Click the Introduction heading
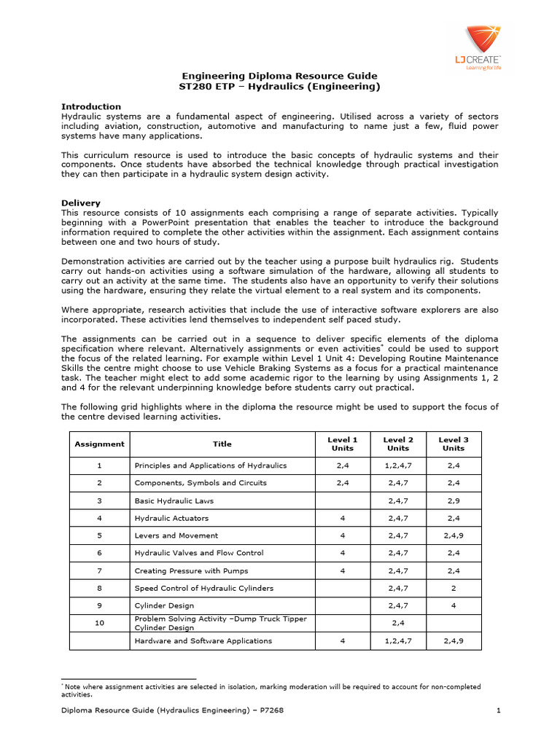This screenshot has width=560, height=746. (91, 106)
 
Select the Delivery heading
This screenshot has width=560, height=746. (81, 203)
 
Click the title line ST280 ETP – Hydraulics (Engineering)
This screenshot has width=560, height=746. (279, 87)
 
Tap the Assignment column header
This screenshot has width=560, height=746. (99, 444)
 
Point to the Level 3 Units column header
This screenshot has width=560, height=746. (453, 444)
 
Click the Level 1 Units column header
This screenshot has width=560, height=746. (343, 444)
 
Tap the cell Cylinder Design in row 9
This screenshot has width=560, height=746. (164, 605)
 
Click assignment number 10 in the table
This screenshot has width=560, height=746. (99, 623)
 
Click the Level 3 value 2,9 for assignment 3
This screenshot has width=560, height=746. (453, 500)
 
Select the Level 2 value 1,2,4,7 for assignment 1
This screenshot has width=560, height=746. (398, 465)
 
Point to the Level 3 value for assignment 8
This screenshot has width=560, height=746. (453, 588)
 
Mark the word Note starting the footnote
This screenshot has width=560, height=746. (73, 686)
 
